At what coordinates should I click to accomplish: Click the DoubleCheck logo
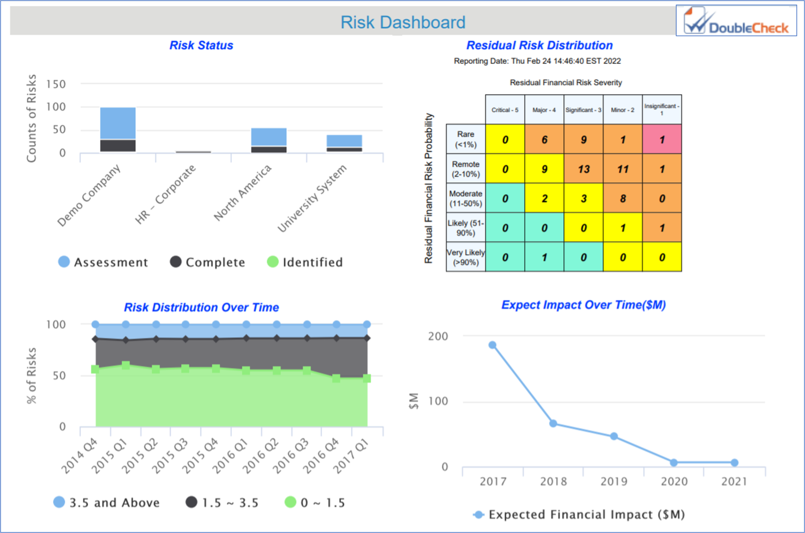[x=736, y=21]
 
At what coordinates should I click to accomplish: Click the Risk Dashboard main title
[x=402, y=22]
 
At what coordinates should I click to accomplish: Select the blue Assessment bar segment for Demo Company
[x=118, y=123]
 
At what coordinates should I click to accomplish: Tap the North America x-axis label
[x=243, y=192]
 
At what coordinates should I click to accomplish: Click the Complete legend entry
[x=208, y=262]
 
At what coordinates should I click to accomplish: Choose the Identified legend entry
[x=305, y=262]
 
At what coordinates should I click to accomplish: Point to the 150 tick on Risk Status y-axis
[x=56, y=84]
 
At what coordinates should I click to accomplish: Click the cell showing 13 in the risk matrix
[x=583, y=169]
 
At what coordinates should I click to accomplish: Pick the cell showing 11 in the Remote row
[x=623, y=169]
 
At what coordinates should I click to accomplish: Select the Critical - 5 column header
[x=505, y=110]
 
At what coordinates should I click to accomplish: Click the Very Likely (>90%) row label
[x=465, y=257]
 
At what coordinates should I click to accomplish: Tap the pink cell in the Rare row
[x=662, y=139]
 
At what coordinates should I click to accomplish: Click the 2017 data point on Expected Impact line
[x=493, y=345]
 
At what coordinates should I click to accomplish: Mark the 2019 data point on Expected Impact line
[x=614, y=436]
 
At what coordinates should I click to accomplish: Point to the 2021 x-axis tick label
[x=734, y=482]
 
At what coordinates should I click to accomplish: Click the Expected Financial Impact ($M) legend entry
[x=579, y=515]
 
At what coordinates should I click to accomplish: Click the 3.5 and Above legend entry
[x=107, y=503]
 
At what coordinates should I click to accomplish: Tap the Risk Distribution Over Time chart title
[x=201, y=307]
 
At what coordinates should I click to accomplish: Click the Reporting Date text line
[x=537, y=61]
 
